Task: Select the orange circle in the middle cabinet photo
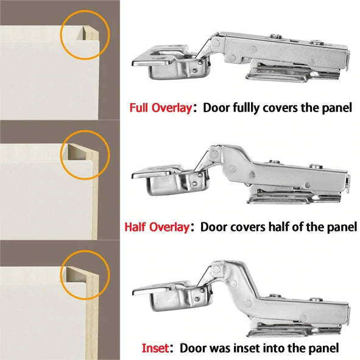coord(85,155)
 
